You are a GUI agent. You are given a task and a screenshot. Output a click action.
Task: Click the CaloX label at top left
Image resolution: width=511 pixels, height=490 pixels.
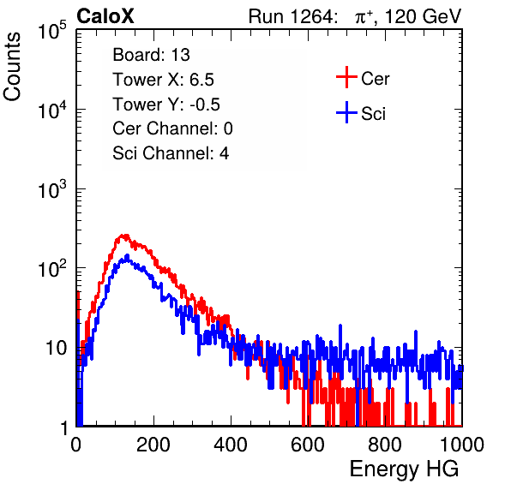105,16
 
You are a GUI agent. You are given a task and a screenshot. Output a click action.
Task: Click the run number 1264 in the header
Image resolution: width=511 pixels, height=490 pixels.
311,16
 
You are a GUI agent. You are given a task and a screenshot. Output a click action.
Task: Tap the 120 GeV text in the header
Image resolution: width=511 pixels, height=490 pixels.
424,16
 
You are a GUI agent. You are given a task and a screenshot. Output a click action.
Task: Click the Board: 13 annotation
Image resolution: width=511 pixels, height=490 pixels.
151,55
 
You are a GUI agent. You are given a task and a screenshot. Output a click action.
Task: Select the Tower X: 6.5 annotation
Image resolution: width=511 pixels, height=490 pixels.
163,80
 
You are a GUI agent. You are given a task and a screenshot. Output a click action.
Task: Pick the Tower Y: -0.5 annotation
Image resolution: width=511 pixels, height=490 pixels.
166,105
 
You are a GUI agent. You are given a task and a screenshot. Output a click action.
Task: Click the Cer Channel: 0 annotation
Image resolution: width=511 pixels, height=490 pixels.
172,128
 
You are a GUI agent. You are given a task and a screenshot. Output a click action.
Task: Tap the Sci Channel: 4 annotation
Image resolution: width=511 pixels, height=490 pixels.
171,152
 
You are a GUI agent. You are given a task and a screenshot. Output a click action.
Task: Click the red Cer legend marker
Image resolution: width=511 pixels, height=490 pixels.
346,77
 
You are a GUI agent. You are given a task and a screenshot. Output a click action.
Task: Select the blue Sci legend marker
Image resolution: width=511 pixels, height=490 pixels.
346,112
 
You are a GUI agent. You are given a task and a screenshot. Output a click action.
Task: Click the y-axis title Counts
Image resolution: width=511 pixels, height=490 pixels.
12,67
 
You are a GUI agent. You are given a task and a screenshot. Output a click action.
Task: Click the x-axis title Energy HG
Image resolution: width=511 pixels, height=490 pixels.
404,469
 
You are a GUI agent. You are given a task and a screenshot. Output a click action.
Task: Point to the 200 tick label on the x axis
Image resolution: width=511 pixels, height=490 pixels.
153,445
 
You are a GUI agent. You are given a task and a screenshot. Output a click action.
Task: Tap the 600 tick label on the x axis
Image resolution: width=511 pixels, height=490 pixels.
308,445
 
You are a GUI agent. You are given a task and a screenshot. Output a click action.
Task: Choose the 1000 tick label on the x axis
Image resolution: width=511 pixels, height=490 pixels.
462,445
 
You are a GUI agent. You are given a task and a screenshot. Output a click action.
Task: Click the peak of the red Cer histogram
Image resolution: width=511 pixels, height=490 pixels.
124,235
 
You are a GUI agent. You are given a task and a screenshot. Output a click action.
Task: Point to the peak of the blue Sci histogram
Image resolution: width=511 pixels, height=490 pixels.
127,256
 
